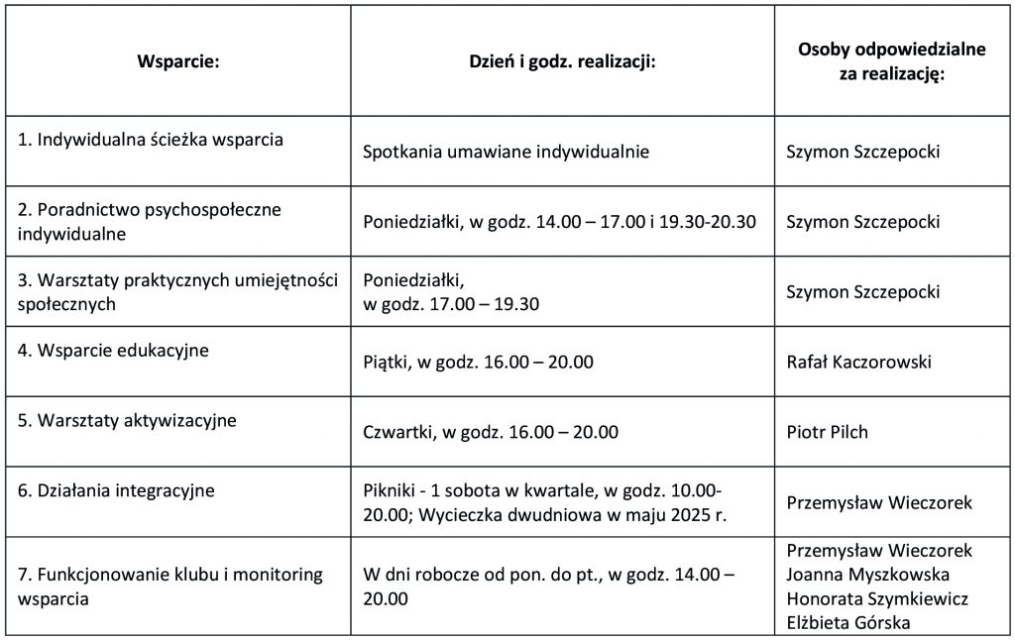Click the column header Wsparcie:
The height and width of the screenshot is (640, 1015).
point(177,61)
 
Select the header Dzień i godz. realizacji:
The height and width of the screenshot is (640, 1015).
point(563,61)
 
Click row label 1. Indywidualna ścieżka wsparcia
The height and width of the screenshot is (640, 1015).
point(151,140)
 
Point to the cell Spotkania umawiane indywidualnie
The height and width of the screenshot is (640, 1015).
point(506,153)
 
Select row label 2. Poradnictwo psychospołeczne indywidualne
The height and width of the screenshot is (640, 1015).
point(150,222)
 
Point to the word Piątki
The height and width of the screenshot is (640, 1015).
point(386,363)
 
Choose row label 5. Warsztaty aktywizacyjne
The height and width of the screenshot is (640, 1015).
point(127,420)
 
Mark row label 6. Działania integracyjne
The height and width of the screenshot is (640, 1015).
point(116,490)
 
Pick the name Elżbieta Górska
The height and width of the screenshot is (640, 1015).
point(847,623)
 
